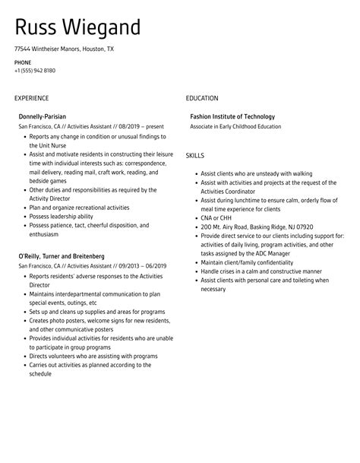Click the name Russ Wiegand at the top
click(x=78, y=27)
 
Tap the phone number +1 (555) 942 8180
click(x=34, y=71)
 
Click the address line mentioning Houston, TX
click(x=64, y=48)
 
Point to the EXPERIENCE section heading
click(x=32, y=98)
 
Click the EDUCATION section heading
click(x=202, y=98)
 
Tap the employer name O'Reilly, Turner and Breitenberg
click(x=62, y=257)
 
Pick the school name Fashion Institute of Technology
click(x=232, y=117)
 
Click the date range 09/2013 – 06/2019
click(x=141, y=267)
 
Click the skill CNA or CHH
click(x=217, y=217)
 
